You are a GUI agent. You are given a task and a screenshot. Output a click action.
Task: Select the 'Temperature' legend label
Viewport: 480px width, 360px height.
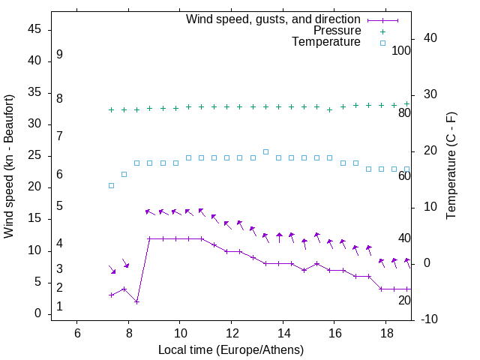(x=326, y=43)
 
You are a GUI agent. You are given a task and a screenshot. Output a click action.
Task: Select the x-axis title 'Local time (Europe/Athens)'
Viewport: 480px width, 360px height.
(x=231, y=349)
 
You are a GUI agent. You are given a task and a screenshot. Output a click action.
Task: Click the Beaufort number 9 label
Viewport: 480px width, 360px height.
(x=59, y=55)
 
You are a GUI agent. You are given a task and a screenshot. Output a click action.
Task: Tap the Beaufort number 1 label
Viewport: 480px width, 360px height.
(x=59, y=307)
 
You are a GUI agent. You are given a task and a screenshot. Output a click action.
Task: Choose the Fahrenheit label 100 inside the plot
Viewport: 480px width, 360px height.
(x=402, y=50)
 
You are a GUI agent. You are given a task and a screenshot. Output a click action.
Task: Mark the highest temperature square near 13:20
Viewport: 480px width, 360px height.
(x=265, y=151)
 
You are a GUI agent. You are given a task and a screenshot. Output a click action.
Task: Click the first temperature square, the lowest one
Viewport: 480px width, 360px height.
(x=111, y=185)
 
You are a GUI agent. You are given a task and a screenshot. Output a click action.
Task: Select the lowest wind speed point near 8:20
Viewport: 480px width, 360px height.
(x=136, y=301)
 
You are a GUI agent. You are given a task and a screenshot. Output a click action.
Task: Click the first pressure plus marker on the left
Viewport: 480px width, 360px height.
(x=111, y=109)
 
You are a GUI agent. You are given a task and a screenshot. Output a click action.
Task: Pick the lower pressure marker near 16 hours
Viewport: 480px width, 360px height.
(x=329, y=109)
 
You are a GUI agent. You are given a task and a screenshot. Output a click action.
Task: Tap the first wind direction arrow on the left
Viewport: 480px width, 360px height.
(x=112, y=269)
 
